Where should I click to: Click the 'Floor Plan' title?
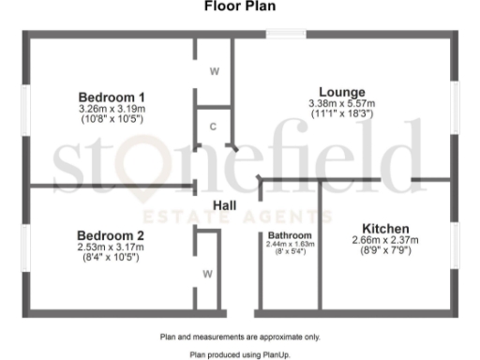pyautogui.click(x=239, y=6)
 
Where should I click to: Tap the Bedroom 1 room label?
pyautogui.click(x=112, y=97)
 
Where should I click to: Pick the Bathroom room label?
pyautogui.click(x=290, y=234)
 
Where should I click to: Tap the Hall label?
pyautogui.click(x=225, y=205)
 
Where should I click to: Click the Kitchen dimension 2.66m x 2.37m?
pyautogui.click(x=385, y=240)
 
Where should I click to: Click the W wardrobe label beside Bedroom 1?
pyautogui.click(x=214, y=71)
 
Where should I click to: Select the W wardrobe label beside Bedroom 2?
pyautogui.click(x=206, y=274)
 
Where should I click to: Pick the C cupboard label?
pyautogui.click(x=214, y=127)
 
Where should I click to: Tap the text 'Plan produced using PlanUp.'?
pyautogui.click(x=239, y=354)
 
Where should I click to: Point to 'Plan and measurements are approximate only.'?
pyautogui.click(x=239, y=336)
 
